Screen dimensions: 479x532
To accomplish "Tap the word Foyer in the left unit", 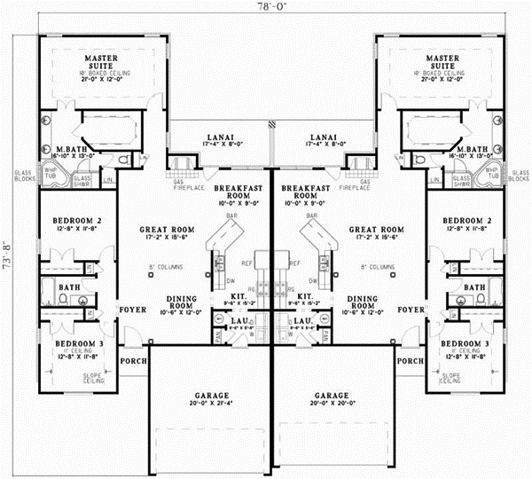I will pyautogui.click(x=132, y=311).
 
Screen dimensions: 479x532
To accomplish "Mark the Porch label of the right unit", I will pyautogui.click(x=410, y=361).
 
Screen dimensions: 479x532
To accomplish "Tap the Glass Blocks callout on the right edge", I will pyautogui.click(x=518, y=177).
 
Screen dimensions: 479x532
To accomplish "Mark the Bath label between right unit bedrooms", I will pyautogui.click(x=474, y=287).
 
